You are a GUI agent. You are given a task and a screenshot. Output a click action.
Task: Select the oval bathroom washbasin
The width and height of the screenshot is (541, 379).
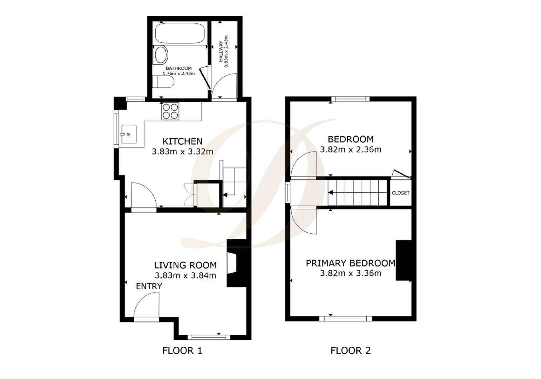click(161, 55)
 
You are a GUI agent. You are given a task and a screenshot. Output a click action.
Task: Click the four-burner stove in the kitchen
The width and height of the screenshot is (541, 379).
click(170, 111)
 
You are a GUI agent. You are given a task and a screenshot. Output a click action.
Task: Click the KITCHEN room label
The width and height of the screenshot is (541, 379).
click(182, 141)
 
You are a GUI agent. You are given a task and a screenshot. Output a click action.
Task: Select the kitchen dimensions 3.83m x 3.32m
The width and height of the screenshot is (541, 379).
click(182, 152)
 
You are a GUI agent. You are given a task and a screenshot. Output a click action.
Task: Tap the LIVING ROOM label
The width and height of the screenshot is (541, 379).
click(185, 265)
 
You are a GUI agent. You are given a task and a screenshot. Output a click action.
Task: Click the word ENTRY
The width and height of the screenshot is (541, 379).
click(149, 286)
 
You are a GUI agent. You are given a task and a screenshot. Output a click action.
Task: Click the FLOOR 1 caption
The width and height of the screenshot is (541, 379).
click(182, 350)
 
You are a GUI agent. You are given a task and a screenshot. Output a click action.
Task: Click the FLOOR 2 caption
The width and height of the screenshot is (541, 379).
click(351, 350)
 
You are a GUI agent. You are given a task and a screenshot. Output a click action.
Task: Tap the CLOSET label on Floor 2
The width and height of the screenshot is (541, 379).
click(400, 193)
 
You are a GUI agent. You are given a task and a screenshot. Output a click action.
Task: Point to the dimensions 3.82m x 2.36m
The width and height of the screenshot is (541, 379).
click(351, 149)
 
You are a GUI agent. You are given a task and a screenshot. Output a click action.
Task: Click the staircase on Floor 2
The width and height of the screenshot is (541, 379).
click(358, 192)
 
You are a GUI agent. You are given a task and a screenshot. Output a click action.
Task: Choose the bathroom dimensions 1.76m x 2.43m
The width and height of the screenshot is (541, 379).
click(178, 74)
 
